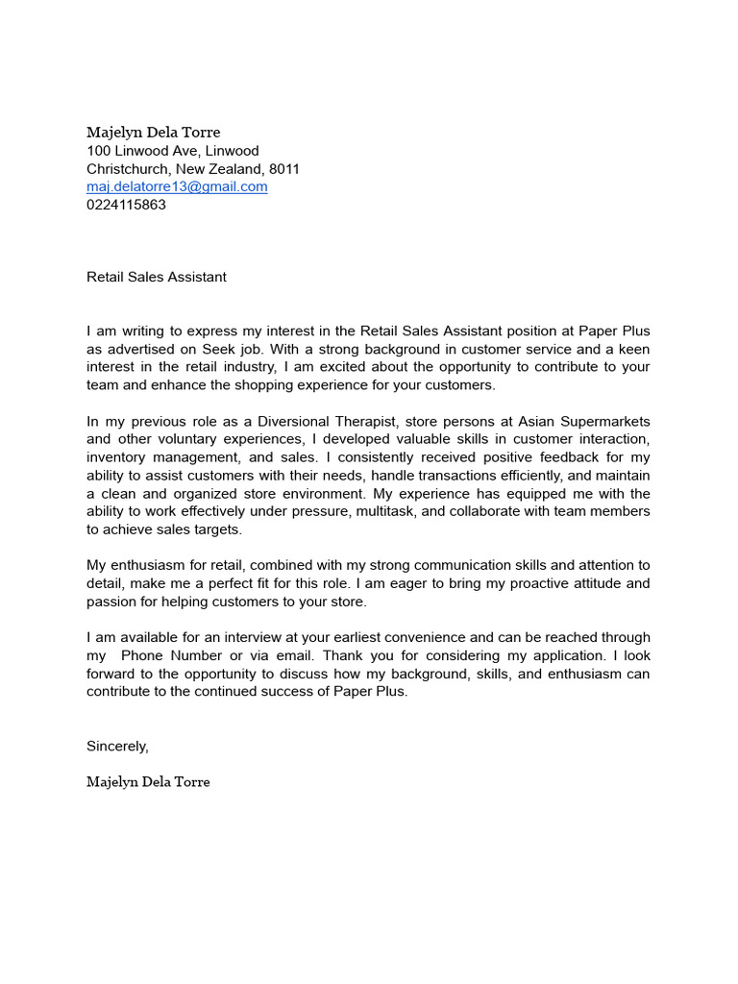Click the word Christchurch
129,169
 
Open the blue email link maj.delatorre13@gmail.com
177,186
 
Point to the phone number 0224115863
126,205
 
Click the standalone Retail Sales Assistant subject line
157,277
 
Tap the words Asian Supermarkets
584,422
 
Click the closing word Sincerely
117,746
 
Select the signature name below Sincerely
148,782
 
